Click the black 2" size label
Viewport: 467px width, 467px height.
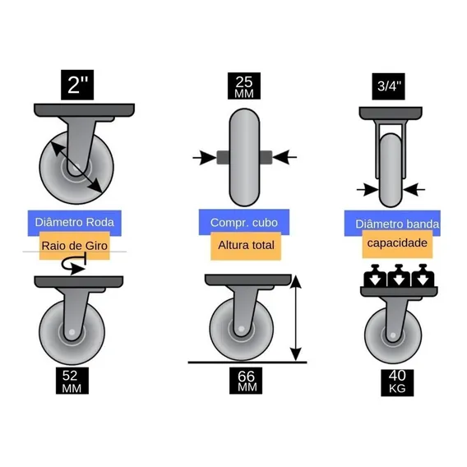point(77,85)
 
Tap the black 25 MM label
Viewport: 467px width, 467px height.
point(244,86)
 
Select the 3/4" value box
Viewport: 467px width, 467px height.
point(388,86)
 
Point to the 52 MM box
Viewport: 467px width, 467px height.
point(72,381)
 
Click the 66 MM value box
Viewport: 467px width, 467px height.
point(246,381)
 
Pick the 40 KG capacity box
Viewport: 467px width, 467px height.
point(397,382)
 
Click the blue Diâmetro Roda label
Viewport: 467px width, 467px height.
point(75,223)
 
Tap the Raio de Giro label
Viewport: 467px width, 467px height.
point(75,246)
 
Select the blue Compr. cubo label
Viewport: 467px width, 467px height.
point(244,222)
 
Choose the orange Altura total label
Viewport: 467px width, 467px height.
point(246,246)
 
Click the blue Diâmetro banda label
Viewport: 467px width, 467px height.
point(392,224)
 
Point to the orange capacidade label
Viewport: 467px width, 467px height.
point(397,243)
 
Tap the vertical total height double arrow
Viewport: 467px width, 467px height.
point(295,318)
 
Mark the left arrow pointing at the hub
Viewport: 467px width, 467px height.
point(205,157)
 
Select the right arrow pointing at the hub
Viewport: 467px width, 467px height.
point(284,157)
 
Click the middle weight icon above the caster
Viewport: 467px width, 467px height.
point(399,275)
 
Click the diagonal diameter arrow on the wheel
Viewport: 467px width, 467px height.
point(76,167)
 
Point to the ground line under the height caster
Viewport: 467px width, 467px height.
point(247,363)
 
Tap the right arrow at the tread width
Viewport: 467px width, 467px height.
point(414,189)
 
